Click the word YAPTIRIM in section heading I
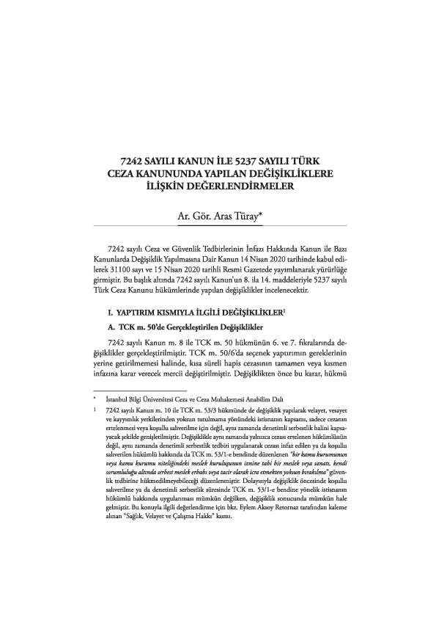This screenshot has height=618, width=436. pos(141,313)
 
